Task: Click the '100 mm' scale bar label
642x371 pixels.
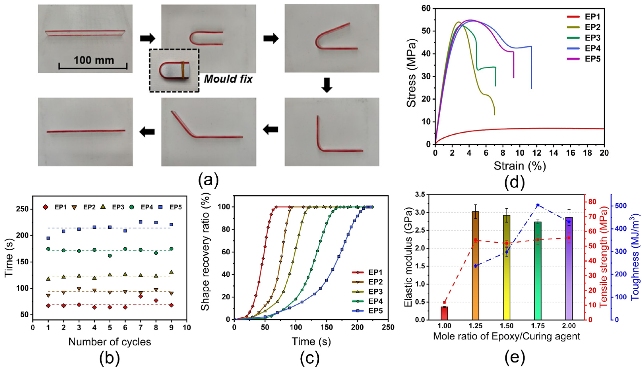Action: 94,60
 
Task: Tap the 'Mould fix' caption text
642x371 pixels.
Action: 228,79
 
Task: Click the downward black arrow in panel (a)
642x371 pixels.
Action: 327,85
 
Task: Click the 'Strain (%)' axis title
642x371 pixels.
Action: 520,166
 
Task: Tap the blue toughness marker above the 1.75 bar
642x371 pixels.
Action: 538,205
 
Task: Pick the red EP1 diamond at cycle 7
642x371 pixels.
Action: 141,296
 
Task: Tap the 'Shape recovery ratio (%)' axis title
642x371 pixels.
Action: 205,255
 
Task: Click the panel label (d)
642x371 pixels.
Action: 515,182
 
